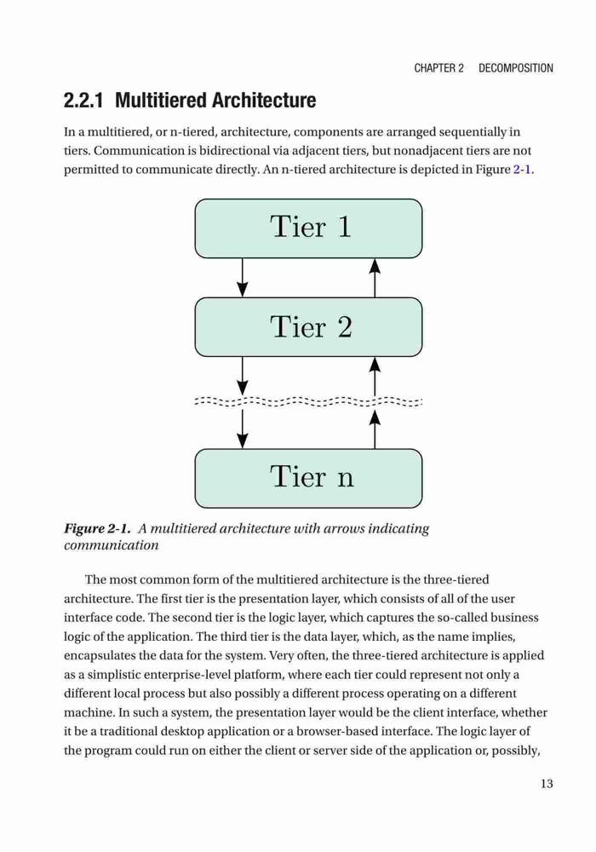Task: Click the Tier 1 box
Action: tap(308, 228)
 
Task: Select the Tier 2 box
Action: tap(308, 327)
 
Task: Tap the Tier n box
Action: tap(308, 478)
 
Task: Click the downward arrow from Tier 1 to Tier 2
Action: tap(243, 278)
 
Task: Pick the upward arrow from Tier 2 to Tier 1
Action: tap(375, 278)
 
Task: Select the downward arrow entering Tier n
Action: tap(243, 429)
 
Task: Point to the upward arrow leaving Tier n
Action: tap(375, 429)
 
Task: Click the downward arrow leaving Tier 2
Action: tap(243, 376)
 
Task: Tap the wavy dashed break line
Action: tap(308, 402)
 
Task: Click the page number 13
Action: tap(547, 784)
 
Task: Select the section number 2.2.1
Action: tap(83, 101)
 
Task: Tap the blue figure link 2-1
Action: tap(522, 170)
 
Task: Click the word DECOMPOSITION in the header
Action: tap(516, 68)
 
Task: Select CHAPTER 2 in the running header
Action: tap(438, 68)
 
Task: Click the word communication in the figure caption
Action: tap(112, 545)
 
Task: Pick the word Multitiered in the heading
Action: tap(161, 101)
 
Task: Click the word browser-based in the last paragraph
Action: tap(336, 731)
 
